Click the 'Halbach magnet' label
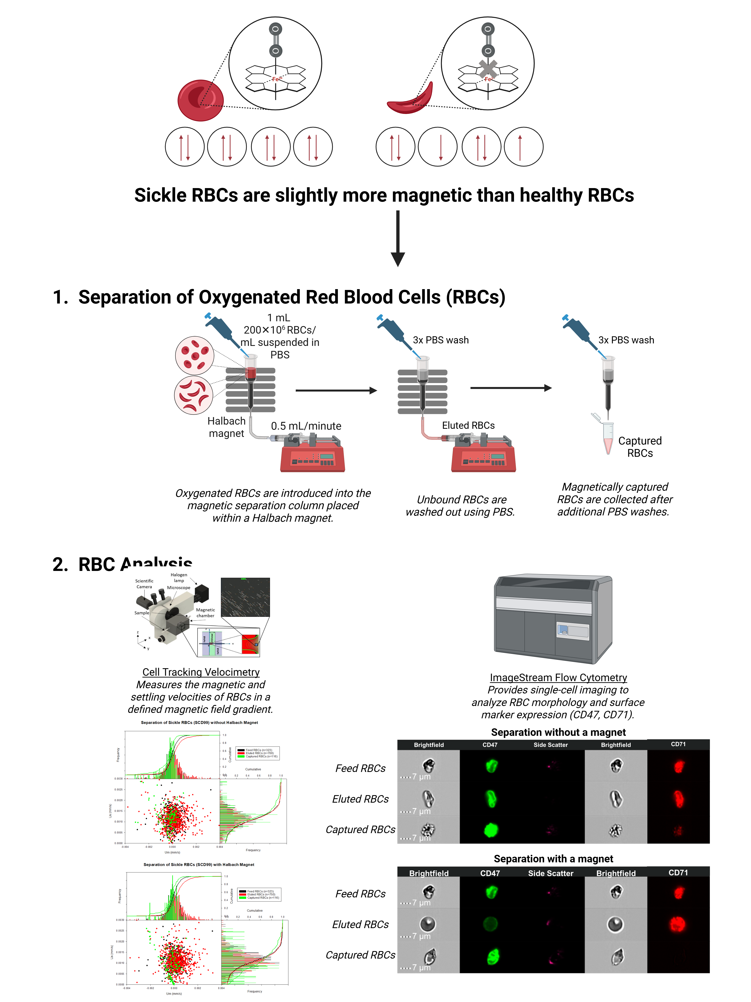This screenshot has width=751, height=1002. pos(226,427)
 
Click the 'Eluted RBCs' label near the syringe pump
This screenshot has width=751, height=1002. pos(468,425)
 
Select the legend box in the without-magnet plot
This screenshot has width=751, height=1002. pos(258,753)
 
